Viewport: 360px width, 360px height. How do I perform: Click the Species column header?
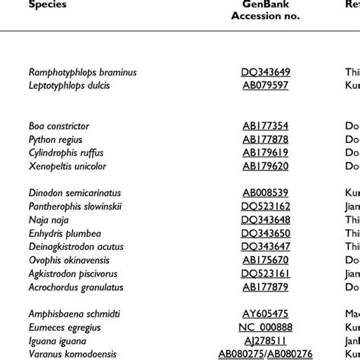click(x=48, y=5)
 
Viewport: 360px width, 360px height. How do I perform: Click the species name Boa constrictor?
click(x=59, y=127)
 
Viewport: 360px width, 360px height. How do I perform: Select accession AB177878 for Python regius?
click(x=266, y=140)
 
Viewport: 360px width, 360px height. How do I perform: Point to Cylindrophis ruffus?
click(x=66, y=153)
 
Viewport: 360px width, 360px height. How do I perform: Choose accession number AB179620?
click(x=266, y=166)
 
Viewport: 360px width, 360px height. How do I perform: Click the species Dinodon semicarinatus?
click(x=74, y=193)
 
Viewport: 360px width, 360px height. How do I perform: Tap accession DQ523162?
click(x=266, y=207)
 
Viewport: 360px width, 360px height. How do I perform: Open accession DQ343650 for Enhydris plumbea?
click(x=266, y=233)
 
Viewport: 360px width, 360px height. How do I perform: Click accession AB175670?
click(x=266, y=260)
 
